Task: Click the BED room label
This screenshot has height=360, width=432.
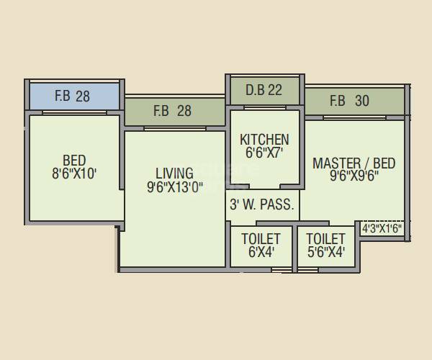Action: pos(74,160)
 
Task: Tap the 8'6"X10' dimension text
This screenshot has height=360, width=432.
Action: pos(74,174)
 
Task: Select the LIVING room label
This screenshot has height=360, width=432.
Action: pos(174,174)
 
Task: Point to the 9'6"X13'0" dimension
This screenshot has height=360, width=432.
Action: pos(174,187)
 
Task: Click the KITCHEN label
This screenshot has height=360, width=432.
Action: pos(264,139)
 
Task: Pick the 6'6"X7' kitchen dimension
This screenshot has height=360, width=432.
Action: pos(264,153)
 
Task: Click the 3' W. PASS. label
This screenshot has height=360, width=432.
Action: pos(262,204)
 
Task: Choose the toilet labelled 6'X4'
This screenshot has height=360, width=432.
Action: pos(261,246)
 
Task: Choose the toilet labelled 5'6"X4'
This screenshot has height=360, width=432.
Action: pos(325,246)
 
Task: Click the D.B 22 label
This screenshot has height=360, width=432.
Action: pos(264,91)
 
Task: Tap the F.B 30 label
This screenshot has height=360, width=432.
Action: pos(349,101)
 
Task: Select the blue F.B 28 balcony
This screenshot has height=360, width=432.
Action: pos(73,96)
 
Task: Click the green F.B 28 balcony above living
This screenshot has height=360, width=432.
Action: pos(173,111)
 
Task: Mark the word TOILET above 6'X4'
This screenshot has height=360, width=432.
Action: pos(261,238)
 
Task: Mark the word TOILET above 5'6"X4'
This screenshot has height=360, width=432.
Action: pos(325,238)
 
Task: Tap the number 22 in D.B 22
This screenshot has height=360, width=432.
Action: pos(274,91)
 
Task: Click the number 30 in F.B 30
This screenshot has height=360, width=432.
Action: pos(361,101)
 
